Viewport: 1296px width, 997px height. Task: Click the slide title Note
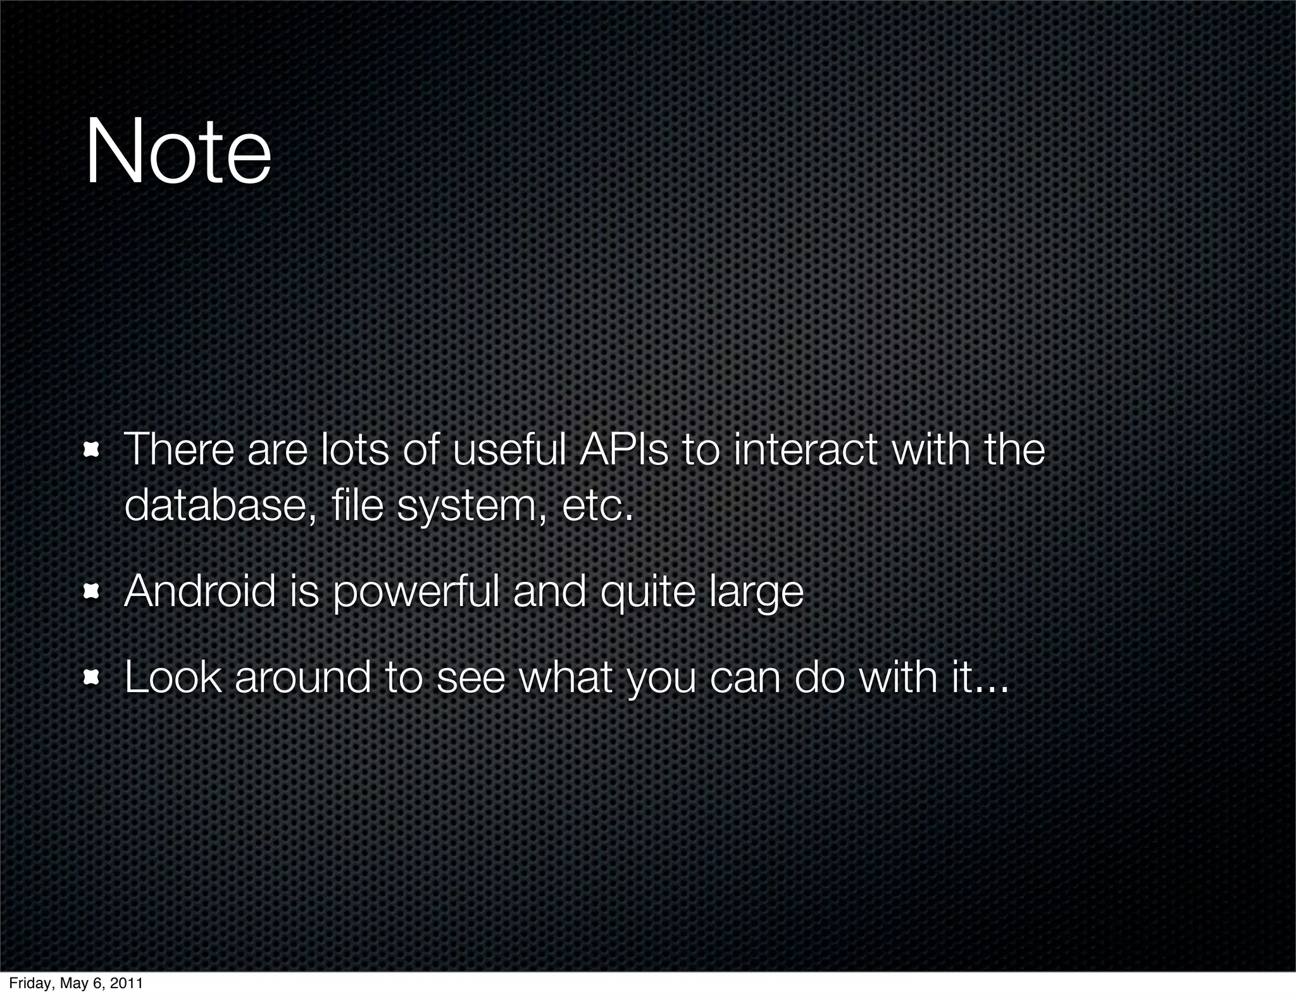pyautogui.click(x=178, y=154)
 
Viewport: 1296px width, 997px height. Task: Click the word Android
pyautogui.click(x=200, y=591)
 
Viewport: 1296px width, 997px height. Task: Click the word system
pyautogui.click(x=466, y=507)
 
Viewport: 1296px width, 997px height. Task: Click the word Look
pyautogui.click(x=173, y=677)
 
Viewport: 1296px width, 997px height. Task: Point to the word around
pyautogui.click(x=302, y=678)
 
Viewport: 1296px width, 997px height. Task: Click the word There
pyautogui.click(x=179, y=449)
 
